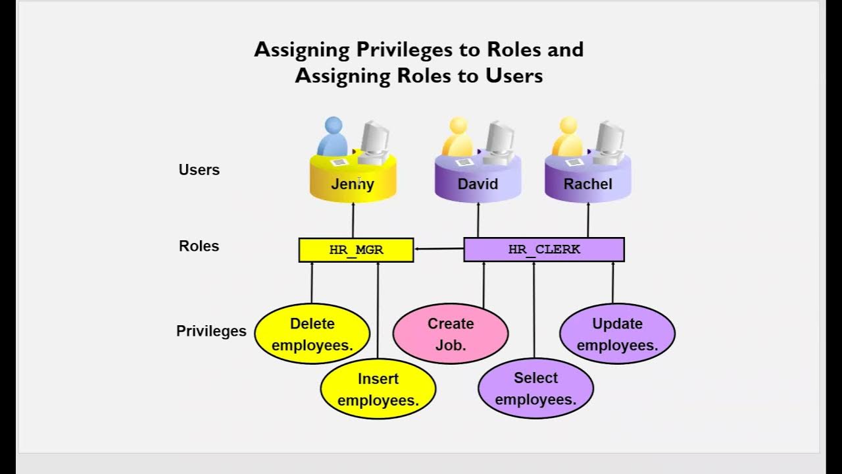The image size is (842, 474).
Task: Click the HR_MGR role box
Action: (x=356, y=250)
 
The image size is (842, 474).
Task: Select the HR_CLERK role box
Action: (x=544, y=250)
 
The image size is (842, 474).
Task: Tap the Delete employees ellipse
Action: (x=312, y=334)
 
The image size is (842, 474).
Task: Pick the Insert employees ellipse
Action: (x=378, y=389)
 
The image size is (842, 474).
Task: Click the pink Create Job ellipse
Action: (x=451, y=334)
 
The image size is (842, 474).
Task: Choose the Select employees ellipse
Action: (x=535, y=388)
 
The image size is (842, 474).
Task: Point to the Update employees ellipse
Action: (x=617, y=334)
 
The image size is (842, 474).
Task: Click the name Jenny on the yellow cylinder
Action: (x=353, y=184)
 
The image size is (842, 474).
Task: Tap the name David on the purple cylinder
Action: (x=478, y=184)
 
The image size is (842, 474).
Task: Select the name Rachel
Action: (x=588, y=184)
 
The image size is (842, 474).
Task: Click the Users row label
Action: (x=199, y=170)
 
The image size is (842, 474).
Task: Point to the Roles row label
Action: (x=199, y=246)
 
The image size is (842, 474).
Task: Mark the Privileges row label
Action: (x=211, y=331)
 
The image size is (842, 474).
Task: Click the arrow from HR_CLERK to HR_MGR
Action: (x=439, y=249)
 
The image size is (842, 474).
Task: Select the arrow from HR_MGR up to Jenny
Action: (x=353, y=220)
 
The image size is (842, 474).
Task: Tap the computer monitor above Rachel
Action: (x=610, y=140)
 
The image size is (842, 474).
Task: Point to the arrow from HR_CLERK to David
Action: (x=478, y=220)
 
